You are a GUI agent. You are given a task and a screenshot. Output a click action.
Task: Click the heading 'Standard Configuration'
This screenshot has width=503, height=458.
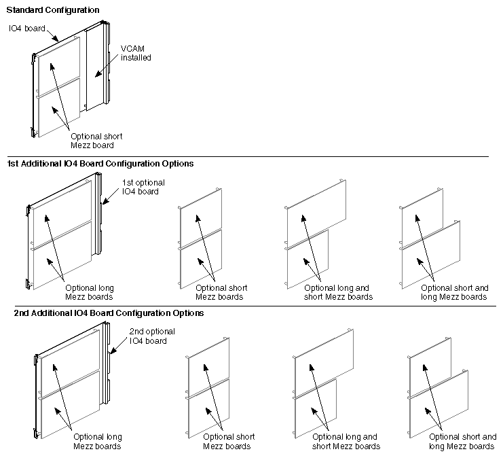click(x=53, y=11)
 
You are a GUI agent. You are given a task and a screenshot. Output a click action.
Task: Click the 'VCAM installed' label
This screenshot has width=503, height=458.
click(x=135, y=53)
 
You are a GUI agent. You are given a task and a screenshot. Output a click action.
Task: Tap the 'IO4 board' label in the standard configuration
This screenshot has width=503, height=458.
click(x=26, y=29)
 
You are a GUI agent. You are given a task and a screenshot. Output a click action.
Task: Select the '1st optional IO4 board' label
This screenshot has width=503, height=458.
click(x=143, y=187)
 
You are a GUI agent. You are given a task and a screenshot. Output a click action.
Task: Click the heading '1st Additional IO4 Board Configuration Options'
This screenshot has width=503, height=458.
click(x=100, y=164)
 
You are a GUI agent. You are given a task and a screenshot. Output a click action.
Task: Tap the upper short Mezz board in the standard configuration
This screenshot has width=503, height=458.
click(x=58, y=67)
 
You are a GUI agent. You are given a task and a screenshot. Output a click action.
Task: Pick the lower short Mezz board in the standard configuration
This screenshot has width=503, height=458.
click(x=58, y=109)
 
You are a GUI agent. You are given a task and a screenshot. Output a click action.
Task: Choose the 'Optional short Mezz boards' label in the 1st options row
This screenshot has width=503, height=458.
click(x=221, y=292)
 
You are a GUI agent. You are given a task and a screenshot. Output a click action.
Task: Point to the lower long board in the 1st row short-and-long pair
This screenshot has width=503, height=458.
click(x=432, y=253)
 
